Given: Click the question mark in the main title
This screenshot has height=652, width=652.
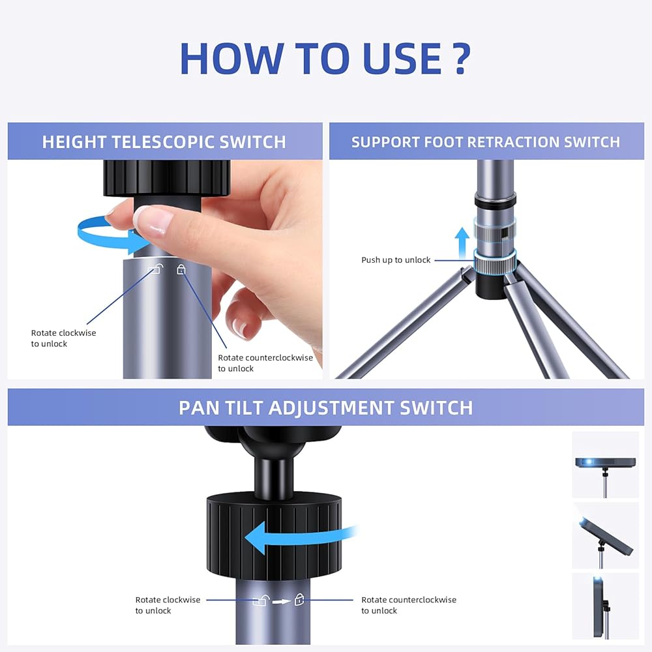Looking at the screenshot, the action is [x=461, y=58].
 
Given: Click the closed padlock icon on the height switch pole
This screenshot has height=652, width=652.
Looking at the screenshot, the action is [x=181, y=269].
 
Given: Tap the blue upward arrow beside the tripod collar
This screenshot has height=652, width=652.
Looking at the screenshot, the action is [x=462, y=243].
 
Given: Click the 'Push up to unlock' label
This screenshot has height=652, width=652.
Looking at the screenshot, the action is [x=396, y=260].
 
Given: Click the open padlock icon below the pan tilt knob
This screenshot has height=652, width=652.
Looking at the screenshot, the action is [x=262, y=600].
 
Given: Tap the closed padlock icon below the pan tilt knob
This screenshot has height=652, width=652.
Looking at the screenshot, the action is [x=299, y=600].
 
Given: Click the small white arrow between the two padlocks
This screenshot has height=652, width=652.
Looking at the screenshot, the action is [x=282, y=601].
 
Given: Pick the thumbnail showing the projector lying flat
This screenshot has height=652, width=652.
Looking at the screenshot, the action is [x=606, y=465].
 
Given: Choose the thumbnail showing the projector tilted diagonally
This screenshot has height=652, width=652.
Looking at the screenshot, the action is [x=606, y=535].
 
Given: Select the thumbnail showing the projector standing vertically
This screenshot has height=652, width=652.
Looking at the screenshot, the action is [x=606, y=606].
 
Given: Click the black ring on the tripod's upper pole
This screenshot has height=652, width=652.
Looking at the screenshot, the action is [x=496, y=199].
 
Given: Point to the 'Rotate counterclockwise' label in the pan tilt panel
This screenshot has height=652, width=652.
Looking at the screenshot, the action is [x=409, y=600].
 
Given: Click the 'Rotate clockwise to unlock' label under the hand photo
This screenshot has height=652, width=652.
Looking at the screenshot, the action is [x=64, y=338].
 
